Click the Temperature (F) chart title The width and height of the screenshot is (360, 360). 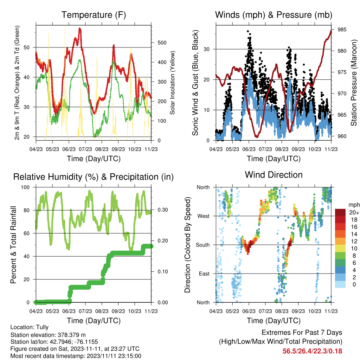pyautogui.click(x=94, y=15)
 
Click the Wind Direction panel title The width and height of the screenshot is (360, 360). pyautogui.click(x=274, y=175)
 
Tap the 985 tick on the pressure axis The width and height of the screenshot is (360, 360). pyautogui.click(x=342, y=30)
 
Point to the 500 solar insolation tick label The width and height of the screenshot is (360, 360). pyautogui.click(x=162, y=43)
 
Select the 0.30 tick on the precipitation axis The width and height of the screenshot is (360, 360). pyautogui.click(x=163, y=210)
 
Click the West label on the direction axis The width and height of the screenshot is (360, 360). pyautogui.click(x=204, y=216)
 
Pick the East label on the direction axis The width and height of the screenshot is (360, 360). pyautogui.click(x=204, y=274)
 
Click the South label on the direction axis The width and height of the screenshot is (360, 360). pyautogui.click(x=203, y=245)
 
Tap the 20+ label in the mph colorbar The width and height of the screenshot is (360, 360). pyautogui.click(x=354, y=212)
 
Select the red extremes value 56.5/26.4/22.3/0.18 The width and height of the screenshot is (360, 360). pyautogui.click(x=312, y=351)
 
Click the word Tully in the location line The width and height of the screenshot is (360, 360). pyautogui.click(x=43, y=327)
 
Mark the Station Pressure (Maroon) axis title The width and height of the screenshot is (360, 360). pyautogui.click(x=354, y=83)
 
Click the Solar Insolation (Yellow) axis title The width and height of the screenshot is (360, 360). pyautogui.click(x=172, y=83)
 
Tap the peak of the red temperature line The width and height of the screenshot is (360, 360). pyautogui.click(x=80, y=28)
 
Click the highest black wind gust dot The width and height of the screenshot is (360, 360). pyautogui.click(x=248, y=31)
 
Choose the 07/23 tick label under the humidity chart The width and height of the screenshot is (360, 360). pyautogui.click(x=85, y=311)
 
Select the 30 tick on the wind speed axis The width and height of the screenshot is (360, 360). pyautogui.click(x=206, y=49)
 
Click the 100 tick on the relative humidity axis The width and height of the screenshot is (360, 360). pyautogui.click(x=25, y=187)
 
